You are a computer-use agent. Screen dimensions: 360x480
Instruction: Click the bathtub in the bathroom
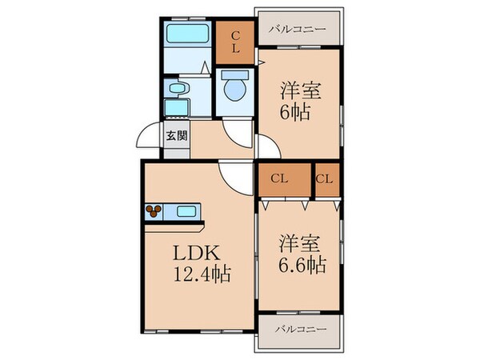tap(187, 34)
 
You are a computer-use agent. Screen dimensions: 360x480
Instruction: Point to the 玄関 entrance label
tap(177, 135)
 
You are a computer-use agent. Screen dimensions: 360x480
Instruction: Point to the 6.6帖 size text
tap(302, 265)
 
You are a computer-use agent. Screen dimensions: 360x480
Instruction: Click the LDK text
tap(194, 254)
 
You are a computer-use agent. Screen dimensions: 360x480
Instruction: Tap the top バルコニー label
tap(297, 29)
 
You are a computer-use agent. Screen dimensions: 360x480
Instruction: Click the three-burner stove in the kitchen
tap(154, 212)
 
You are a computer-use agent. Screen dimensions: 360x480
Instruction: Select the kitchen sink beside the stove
tap(186, 212)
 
